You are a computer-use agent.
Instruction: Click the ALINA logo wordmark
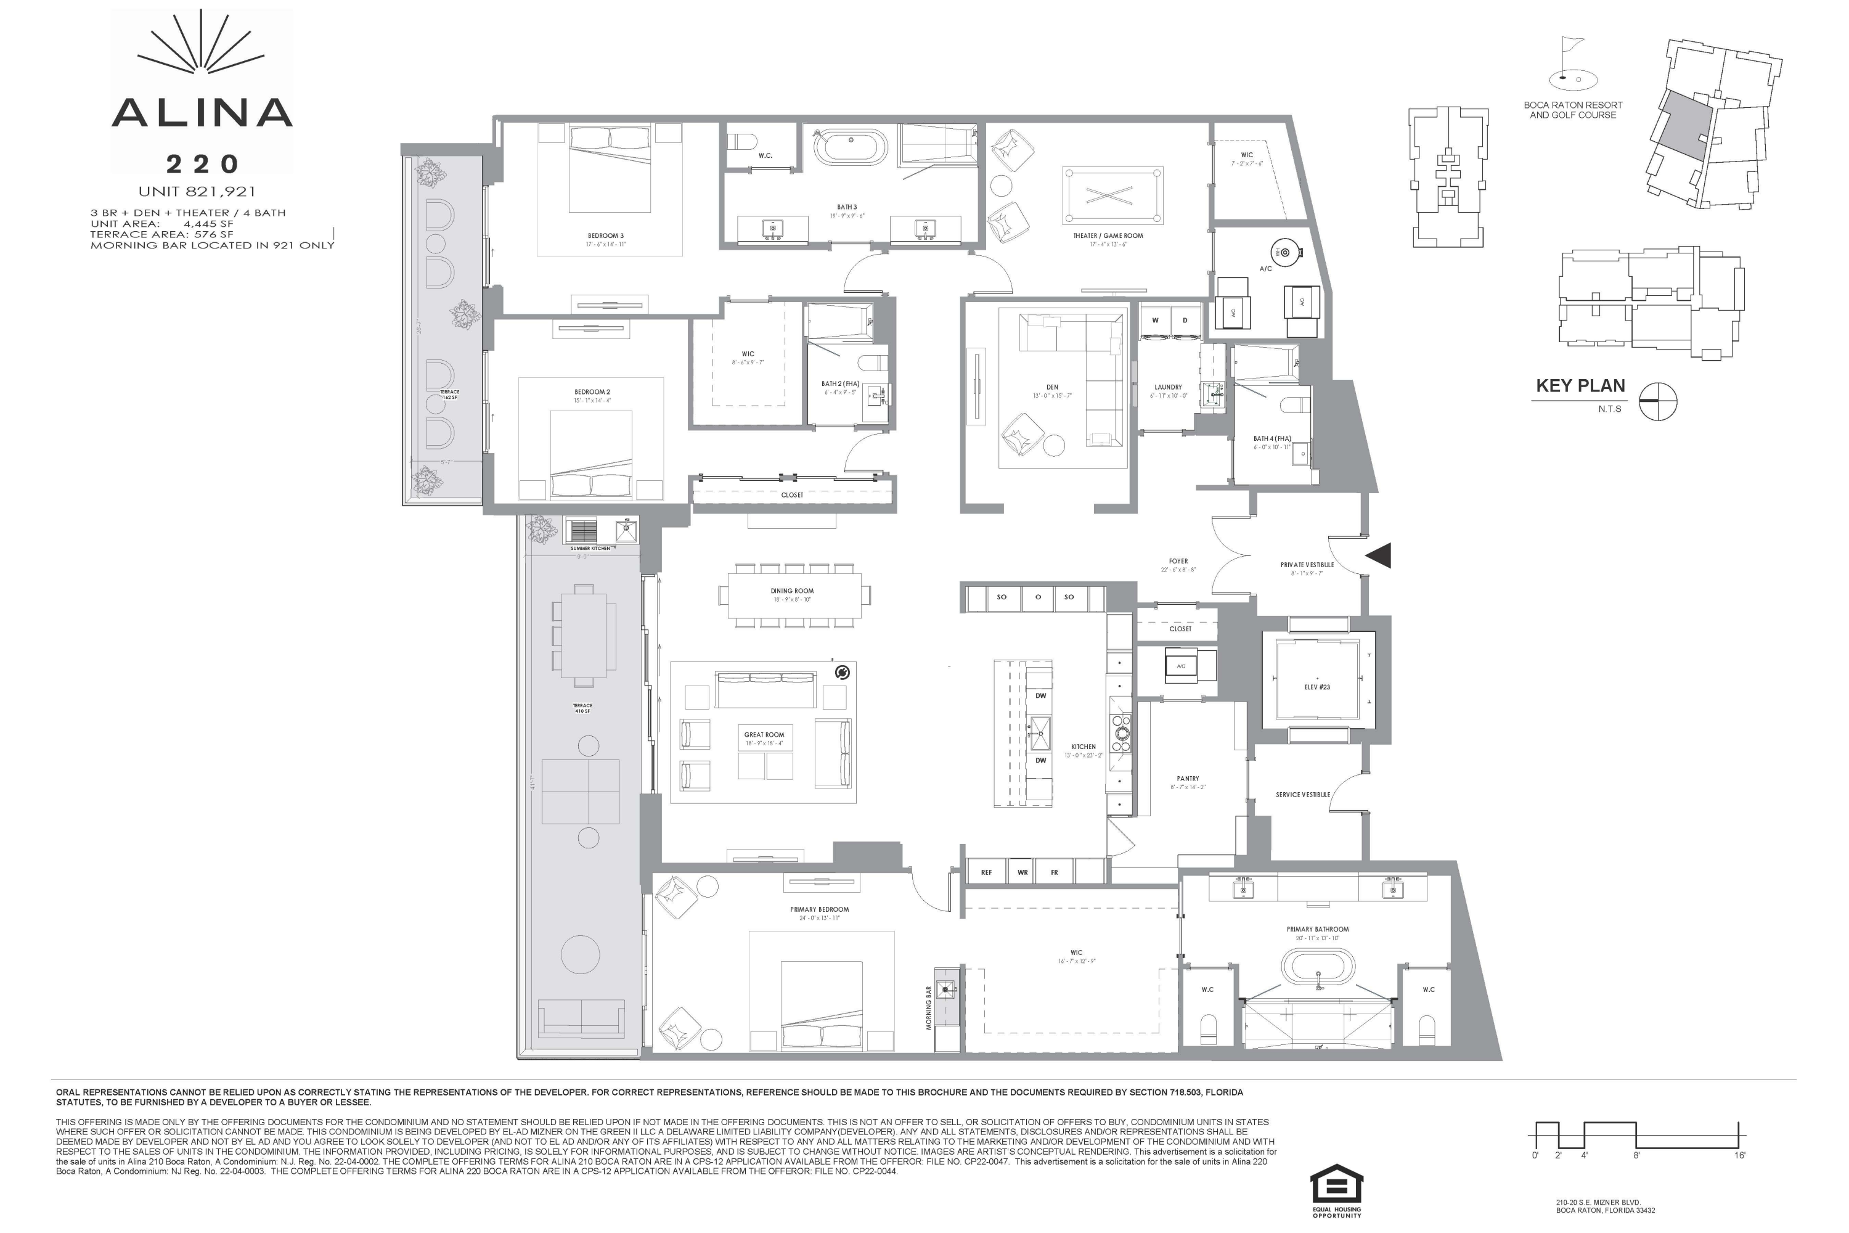click(x=202, y=113)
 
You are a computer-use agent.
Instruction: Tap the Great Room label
click(x=764, y=734)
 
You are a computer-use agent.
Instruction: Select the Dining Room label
click(x=791, y=591)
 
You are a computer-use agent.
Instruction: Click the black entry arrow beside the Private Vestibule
click(x=1379, y=555)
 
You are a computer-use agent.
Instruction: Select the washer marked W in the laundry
click(x=1155, y=321)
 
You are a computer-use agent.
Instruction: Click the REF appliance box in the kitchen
click(x=986, y=872)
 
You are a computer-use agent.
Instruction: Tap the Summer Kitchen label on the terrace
click(x=590, y=548)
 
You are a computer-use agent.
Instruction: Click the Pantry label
click(x=1188, y=779)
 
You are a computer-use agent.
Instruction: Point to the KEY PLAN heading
click(x=1580, y=386)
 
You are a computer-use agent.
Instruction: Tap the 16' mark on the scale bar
click(x=1740, y=1155)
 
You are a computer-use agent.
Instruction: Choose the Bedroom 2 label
click(x=592, y=391)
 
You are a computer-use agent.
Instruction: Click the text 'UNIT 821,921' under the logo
click(x=197, y=191)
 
